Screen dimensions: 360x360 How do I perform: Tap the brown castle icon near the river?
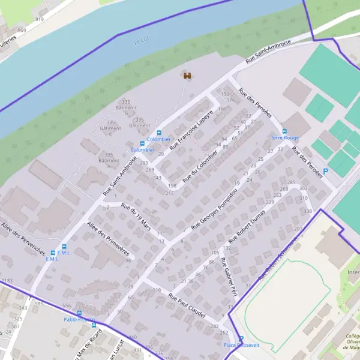tap(187, 76)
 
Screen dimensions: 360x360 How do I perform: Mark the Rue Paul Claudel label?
tap(188, 305)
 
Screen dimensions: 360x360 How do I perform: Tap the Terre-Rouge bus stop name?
tap(284, 137)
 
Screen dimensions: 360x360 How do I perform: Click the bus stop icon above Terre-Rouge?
tap(284, 131)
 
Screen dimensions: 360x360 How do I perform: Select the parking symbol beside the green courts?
tap(326, 171)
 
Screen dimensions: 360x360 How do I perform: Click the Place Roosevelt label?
tap(238, 346)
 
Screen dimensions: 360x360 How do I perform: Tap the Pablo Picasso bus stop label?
tap(79, 319)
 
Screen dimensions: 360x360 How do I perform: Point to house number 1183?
tap(7, 281)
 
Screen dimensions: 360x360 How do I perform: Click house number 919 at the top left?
tap(40, 19)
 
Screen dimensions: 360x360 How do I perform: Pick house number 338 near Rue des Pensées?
tap(308, 211)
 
